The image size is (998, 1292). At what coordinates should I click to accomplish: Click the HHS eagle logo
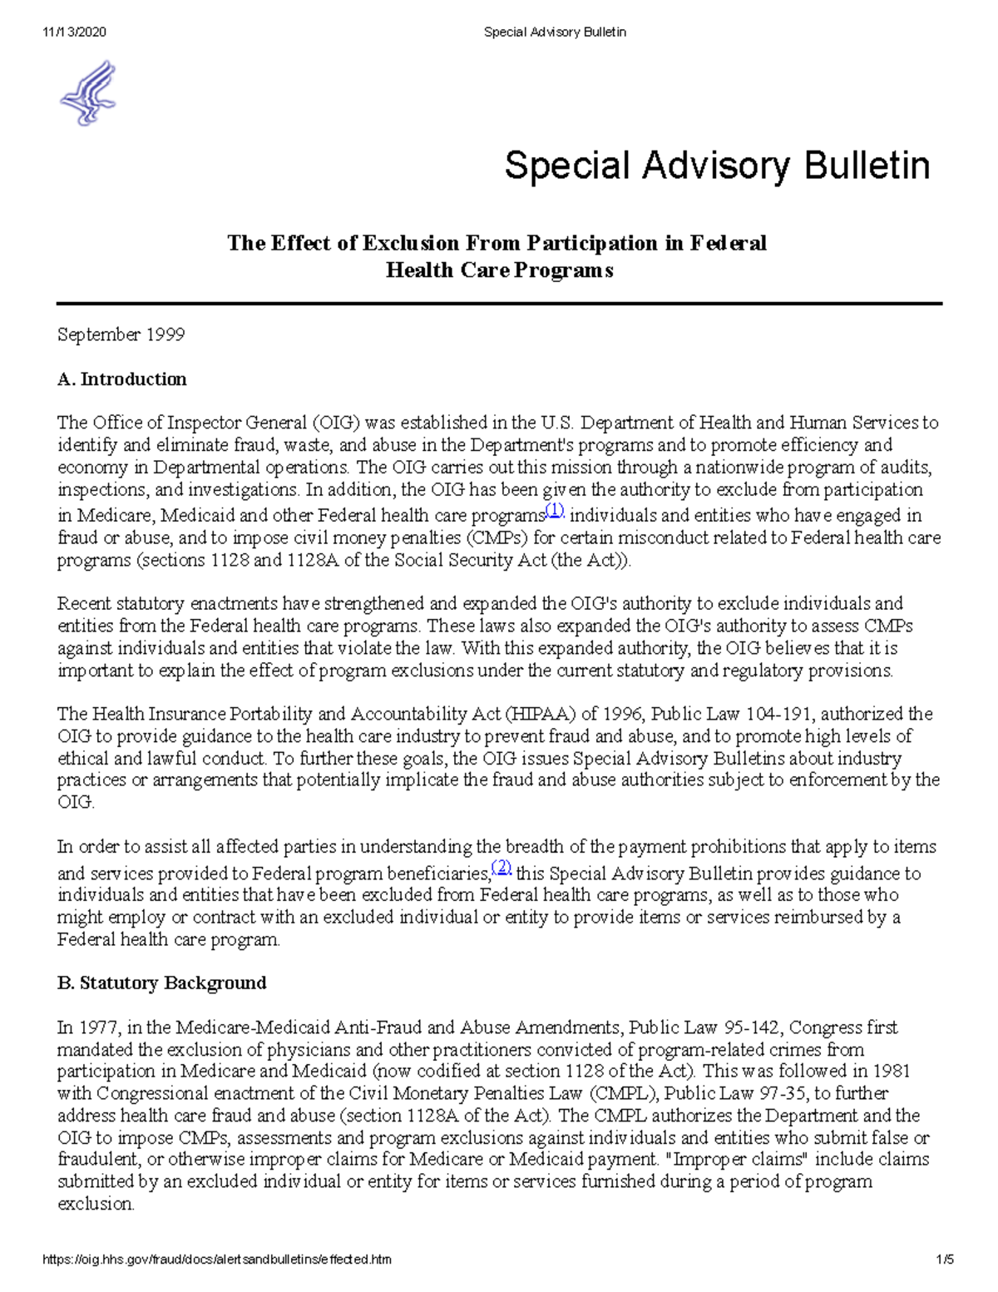[x=88, y=93]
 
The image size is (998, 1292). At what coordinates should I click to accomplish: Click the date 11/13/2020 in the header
[x=74, y=32]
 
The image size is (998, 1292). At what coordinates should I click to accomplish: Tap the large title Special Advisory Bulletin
[x=717, y=166]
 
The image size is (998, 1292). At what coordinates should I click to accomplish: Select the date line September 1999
[x=121, y=334]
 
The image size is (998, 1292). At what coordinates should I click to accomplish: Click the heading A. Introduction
[x=121, y=379]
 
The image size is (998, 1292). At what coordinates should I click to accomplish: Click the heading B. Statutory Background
[x=161, y=983]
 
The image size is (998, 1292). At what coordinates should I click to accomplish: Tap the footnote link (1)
[x=554, y=510]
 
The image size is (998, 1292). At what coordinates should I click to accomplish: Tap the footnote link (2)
[x=501, y=868]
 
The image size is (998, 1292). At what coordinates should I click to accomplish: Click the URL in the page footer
[x=217, y=1260]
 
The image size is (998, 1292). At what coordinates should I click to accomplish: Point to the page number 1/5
[x=944, y=1260]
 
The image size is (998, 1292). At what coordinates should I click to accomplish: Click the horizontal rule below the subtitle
[x=499, y=304]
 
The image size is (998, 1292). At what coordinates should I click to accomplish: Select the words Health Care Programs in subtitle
[x=499, y=270]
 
